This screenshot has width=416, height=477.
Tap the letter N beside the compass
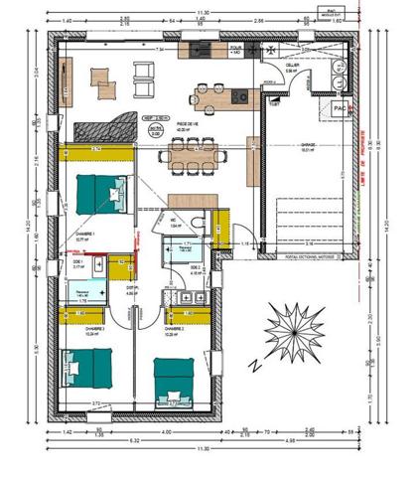tap(255, 364)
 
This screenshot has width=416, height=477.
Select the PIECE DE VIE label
tap(189, 123)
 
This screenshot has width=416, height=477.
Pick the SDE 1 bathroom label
tap(80, 263)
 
